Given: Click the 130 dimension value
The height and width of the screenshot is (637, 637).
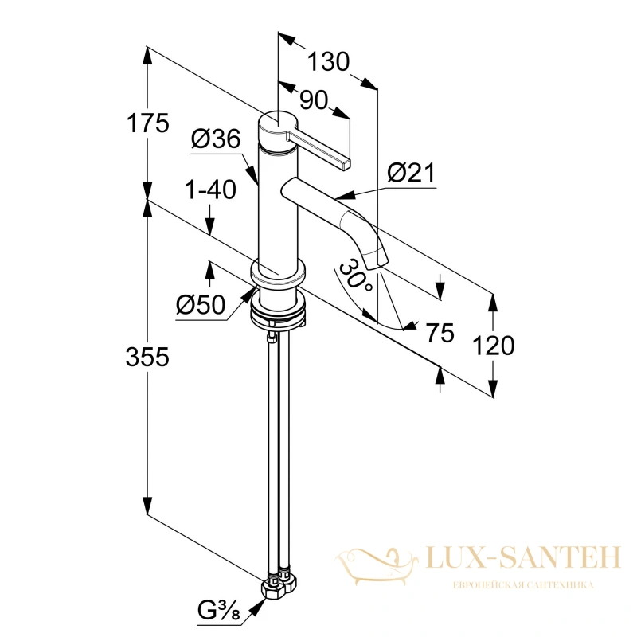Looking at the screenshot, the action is (x=328, y=62).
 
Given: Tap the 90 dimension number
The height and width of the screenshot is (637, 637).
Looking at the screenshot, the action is (x=314, y=100).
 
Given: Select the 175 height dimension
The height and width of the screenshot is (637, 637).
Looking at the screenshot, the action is (x=147, y=123).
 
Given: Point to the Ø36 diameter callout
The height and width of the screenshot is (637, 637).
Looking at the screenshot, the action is (x=216, y=139).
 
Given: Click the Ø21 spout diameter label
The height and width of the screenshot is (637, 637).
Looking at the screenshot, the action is (x=411, y=173).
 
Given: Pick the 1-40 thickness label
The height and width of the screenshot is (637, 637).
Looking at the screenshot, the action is (x=210, y=190).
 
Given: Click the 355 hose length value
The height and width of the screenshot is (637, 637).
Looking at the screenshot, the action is (x=147, y=358).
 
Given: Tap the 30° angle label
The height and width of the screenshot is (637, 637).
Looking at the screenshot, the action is (x=354, y=276).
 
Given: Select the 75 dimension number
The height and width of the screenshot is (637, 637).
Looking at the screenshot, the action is (x=440, y=333).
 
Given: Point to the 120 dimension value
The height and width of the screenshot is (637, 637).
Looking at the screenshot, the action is (x=494, y=346).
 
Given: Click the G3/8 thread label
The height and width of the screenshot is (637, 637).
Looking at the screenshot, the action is (x=218, y=610).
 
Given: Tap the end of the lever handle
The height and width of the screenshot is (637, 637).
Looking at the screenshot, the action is (x=346, y=163).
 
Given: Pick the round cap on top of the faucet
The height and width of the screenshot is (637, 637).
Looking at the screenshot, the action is (x=279, y=129).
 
